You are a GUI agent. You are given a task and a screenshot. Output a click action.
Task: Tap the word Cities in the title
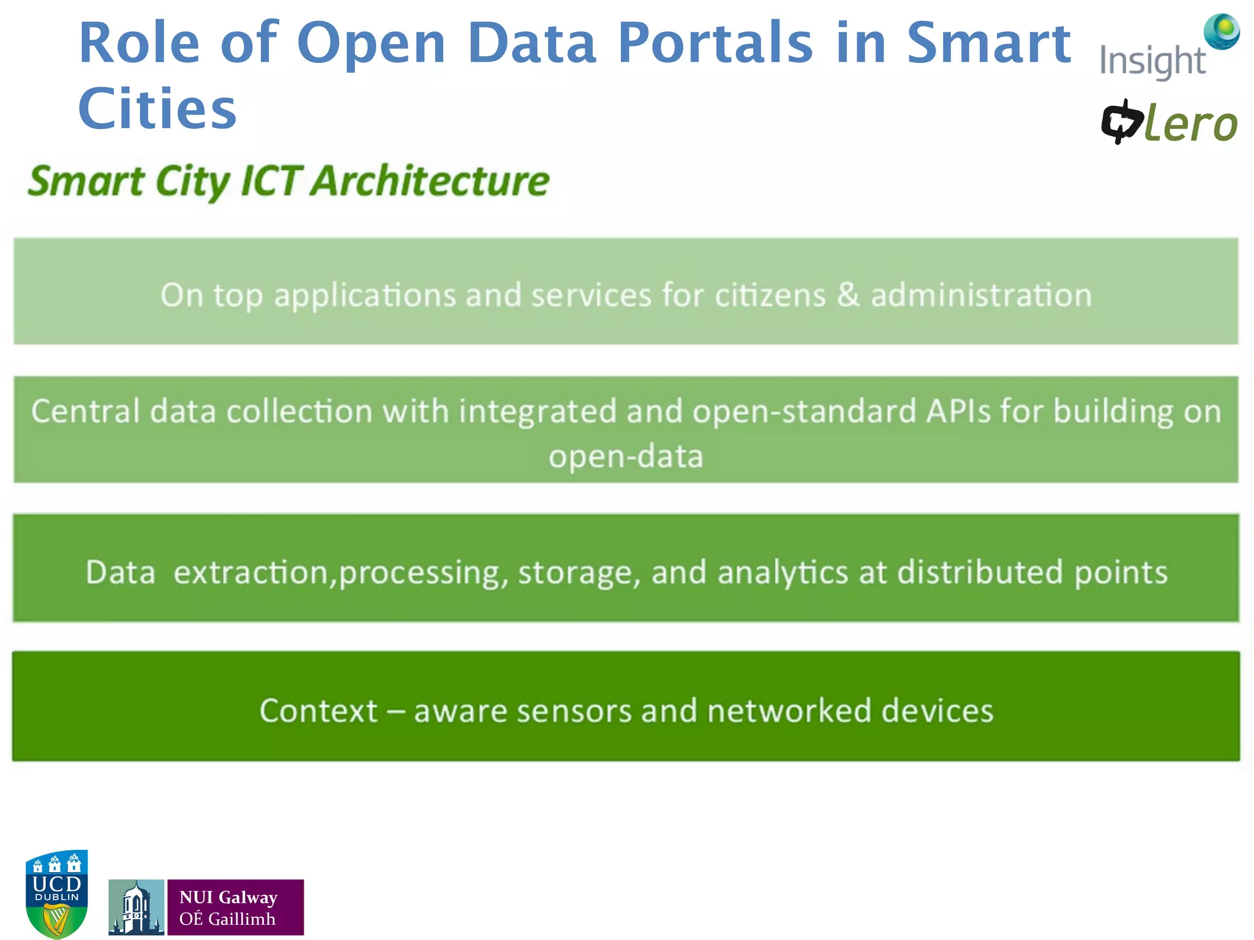(x=157, y=109)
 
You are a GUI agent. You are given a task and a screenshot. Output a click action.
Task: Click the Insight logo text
(x=1152, y=62)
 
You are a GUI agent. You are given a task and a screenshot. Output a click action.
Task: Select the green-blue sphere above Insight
(x=1222, y=31)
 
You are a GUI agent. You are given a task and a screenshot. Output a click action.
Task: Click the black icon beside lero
(x=1121, y=122)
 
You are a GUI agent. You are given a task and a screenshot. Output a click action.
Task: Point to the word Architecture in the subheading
(x=431, y=181)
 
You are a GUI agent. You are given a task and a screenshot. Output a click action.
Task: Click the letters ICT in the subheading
(x=270, y=181)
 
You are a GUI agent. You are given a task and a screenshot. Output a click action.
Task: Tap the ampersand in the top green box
(x=848, y=295)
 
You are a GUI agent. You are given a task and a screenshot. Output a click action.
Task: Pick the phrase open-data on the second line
(x=626, y=457)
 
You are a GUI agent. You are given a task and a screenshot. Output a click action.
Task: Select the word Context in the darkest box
(x=318, y=711)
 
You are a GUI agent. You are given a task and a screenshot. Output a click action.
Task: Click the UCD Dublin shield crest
(x=57, y=893)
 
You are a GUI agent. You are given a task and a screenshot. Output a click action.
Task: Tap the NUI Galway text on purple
(x=228, y=897)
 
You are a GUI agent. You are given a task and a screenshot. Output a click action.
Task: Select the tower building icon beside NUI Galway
(x=136, y=908)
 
